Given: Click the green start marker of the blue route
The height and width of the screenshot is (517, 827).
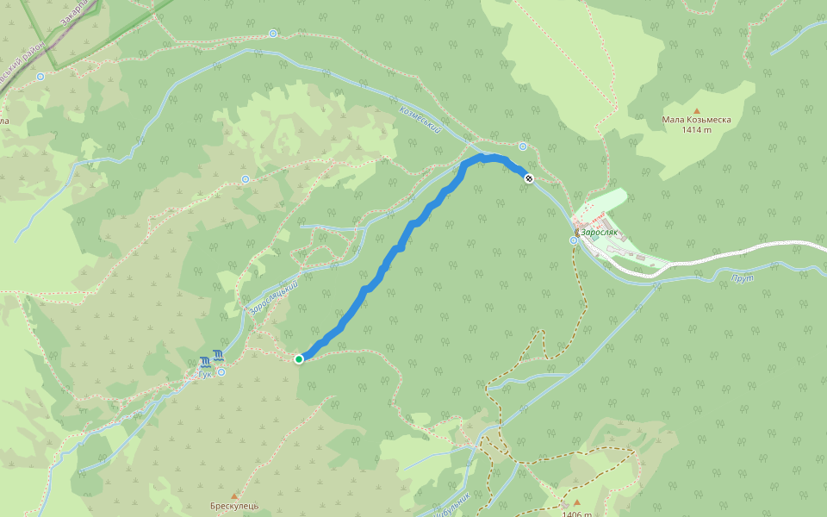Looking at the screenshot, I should pos(299,358).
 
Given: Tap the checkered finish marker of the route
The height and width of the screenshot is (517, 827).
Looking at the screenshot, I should pos(529,178).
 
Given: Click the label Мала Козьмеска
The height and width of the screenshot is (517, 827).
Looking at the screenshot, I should pos(696,120).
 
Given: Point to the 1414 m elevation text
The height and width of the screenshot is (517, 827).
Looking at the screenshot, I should pos(696,130).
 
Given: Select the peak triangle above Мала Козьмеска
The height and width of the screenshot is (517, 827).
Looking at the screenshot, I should pos(697,110).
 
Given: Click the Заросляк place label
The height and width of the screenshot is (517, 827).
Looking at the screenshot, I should pos(600,233).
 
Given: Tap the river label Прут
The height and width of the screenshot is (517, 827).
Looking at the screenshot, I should pos(743,279).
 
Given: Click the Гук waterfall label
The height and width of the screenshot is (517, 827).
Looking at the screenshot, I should pos(205,373).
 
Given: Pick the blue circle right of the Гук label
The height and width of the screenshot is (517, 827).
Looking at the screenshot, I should pos(221,371).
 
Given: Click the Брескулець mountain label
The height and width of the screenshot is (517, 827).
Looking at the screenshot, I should pos(233,506).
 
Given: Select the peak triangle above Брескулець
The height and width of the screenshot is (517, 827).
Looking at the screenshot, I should pos(233,496).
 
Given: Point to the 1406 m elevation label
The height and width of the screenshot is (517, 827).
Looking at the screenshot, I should pos(576,514).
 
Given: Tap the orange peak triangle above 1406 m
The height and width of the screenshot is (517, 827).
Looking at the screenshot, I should pos(576,502).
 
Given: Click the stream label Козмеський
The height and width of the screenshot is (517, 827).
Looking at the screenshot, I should pos(421,119).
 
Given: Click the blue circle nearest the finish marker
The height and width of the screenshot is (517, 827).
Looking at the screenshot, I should pos(523,146).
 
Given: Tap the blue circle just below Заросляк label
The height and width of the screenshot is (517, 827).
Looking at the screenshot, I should pos(574,240).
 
